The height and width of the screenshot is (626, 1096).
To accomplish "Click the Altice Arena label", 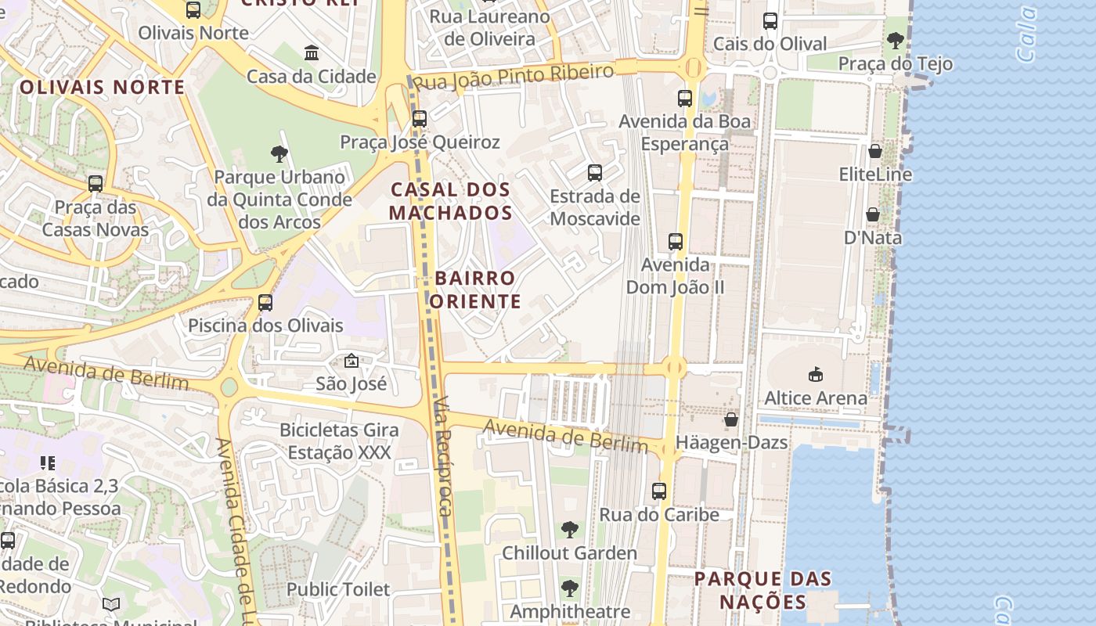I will [816, 398].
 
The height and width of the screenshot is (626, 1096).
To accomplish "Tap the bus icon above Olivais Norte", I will [193, 10].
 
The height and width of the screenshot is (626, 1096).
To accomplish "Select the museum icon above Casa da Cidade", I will [312, 53].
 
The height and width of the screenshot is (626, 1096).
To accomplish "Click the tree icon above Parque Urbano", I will [279, 153].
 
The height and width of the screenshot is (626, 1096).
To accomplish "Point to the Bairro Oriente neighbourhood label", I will [475, 290].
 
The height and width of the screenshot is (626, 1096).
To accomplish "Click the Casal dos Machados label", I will [451, 201].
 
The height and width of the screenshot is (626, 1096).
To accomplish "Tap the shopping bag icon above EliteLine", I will [875, 151].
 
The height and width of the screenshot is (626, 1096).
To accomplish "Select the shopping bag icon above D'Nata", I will [873, 214].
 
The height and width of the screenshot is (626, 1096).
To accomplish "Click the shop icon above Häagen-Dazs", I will [731, 420].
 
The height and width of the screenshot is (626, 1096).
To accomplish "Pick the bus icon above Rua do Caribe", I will [659, 491].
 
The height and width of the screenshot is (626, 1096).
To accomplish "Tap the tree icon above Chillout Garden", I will [570, 530].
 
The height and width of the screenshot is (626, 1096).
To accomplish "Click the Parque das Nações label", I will [763, 590].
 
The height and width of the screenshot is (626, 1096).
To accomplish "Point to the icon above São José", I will [352, 361].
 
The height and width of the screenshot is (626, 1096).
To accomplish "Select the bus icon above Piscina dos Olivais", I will [265, 302].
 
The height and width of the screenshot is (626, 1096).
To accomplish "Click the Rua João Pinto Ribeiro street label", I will [513, 77].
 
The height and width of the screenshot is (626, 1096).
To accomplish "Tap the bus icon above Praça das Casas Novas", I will [96, 184].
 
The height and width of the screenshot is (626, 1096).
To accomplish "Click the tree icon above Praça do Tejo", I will [896, 40].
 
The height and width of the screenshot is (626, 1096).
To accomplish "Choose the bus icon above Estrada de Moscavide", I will [595, 173].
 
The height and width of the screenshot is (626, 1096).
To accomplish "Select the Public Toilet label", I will [338, 589].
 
